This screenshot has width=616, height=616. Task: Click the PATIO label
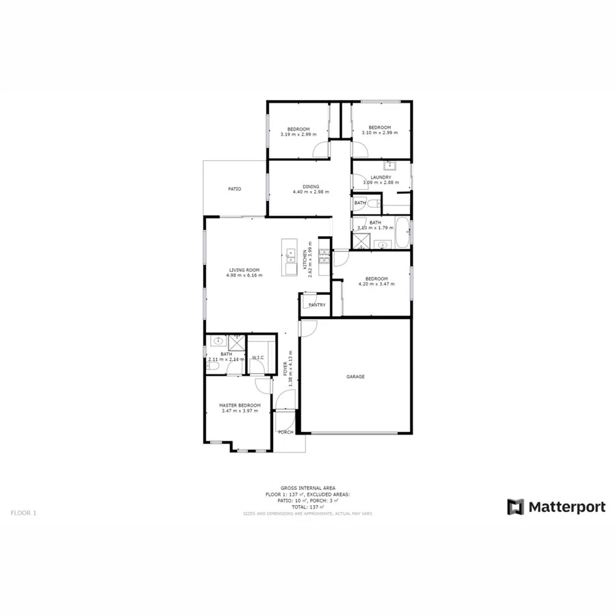pyautogui.click(x=234, y=188)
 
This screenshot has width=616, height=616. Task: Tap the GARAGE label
pyautogui.click(x=355, y=376)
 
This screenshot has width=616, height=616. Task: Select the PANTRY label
pyautogui.click(x=317, y=305)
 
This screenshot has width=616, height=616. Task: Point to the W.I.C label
pyautogui.click(x=258, y=357)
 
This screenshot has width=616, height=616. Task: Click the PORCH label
pyautogui.click(x=285, y=432)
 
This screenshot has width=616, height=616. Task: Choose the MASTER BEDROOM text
pyautogui.click(x=240, y=405)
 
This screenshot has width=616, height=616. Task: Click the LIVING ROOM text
pyautogui.click(x=244, y=270)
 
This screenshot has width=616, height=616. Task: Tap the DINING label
pyautogui.click(x=311, y=187)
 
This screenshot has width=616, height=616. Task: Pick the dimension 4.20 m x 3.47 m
pyautogui.click(x=376, y=284)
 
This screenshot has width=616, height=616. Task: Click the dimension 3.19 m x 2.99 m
pyautogui.click(x=298, y=134)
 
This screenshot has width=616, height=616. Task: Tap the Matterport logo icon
pyautogui.click(x=515, y=506)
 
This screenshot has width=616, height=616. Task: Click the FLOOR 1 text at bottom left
pyautogui.click(x=23, y=512)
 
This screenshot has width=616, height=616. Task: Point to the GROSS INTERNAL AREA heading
pyautogui.click(x=307, y=488)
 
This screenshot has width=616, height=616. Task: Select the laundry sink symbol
pyautogui.click(x=389, y=165)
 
